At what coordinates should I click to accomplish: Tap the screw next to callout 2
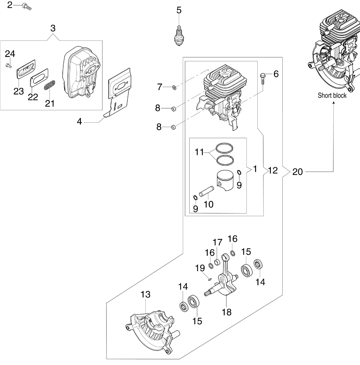[27, 6]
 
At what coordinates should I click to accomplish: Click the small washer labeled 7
[174, 88]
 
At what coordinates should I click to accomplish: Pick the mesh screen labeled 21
[50, 85]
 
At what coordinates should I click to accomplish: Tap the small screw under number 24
[9, 65]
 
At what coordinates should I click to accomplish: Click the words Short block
[332, 95]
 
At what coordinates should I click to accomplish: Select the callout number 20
[298, 172]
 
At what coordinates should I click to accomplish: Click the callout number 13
[145, 294]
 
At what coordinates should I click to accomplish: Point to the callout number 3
[53, 28]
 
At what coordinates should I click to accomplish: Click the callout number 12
[273, 170]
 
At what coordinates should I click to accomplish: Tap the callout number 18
[227, 317]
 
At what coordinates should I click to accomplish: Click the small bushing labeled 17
[217, 263]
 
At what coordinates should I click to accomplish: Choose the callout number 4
[79, 121]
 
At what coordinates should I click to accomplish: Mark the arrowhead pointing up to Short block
[333, 102]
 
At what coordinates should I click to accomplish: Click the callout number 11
[199, 152]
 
